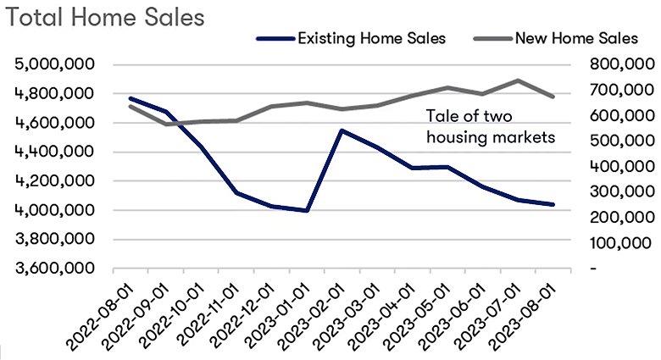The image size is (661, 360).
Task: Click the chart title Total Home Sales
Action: (x=105, y=18)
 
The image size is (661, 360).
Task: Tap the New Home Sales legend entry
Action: (x=576, y=38)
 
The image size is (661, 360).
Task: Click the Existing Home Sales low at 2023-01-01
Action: (x=306, y=210)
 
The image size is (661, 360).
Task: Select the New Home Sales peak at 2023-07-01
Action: (x=518, y=80)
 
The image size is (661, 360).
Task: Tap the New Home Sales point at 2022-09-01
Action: (x=165, y=125)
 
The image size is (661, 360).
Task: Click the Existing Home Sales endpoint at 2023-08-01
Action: (x=553, y=204)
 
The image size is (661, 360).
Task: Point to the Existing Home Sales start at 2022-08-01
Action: (x=130, y=98)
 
